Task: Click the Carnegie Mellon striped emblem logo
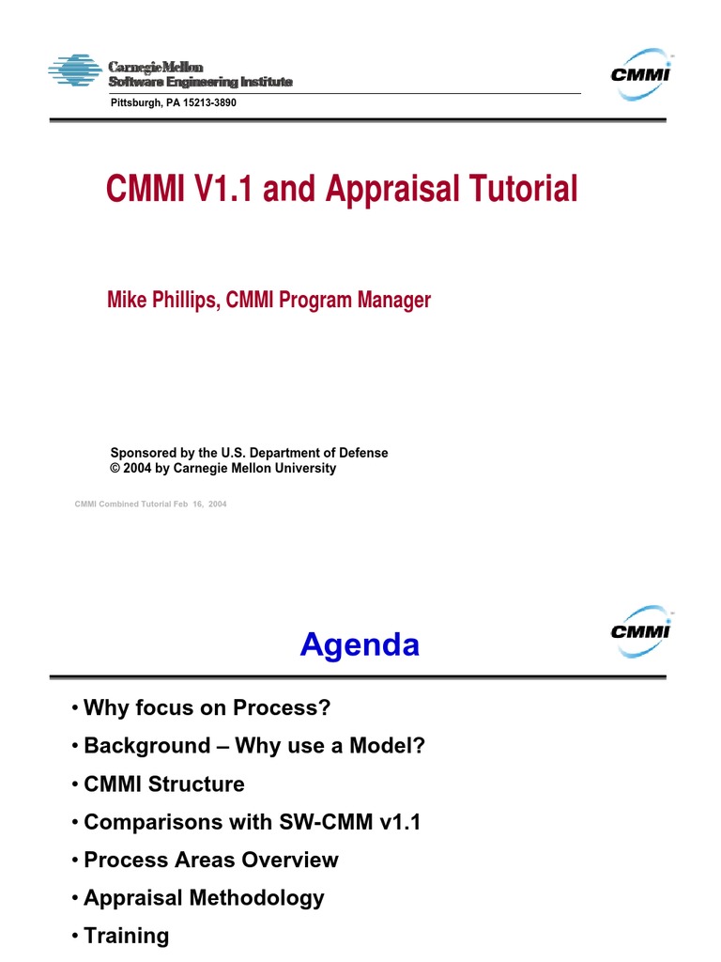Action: click(x=75, y=71)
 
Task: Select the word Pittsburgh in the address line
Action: click(x=137, y=102)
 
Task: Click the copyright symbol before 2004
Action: click(x=115, y=468)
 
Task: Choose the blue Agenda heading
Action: click(x=360, y=645)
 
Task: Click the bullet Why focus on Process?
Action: click(x=207, y=707)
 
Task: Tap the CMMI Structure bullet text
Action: click(x=164, y=784)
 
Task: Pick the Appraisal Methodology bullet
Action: click(x=204, y=897)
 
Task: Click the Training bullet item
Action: click(x=127, y=936)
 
